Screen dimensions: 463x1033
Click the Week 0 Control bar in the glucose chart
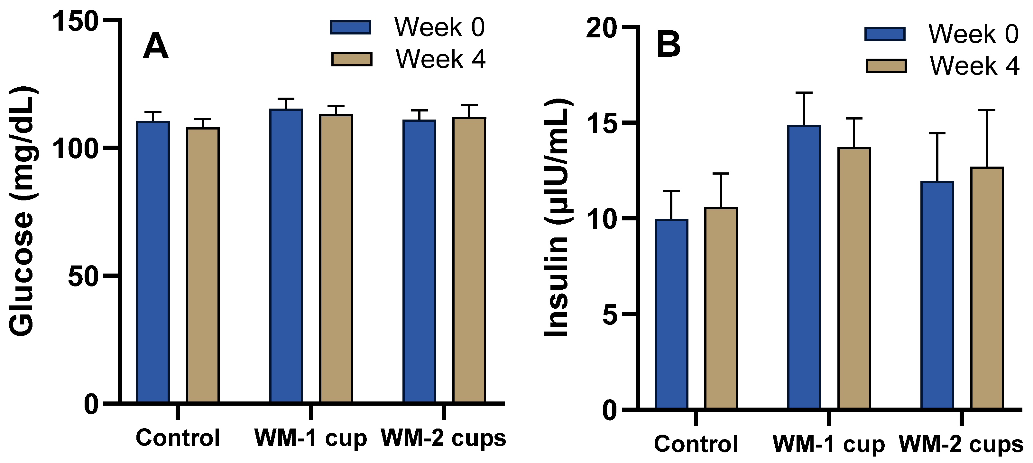(153, 261)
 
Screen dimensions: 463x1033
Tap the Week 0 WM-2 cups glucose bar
(419, 261)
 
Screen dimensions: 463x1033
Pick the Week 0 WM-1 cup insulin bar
(804, 267)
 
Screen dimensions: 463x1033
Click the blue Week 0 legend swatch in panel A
(350, 27)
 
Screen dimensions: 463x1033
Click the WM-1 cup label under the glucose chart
(310, 438)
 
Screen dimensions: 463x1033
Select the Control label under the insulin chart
(696, 444)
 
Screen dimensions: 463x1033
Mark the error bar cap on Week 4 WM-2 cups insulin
(987, 110)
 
